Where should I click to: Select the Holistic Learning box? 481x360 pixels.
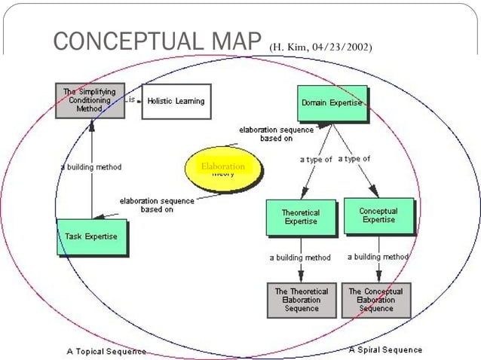[x=175, y=101]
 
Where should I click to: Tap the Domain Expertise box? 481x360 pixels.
[x=331, y=102]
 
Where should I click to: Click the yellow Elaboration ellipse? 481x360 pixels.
[x=223, y=168]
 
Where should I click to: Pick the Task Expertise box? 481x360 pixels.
[x=91, y=236]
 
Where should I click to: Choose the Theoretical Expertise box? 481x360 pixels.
[x=300, y=217]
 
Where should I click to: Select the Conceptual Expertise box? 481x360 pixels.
[x=378, y=215]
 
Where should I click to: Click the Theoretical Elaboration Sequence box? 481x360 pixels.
[x=301, y=299]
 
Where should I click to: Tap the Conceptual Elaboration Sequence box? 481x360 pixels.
[x=376, y=299]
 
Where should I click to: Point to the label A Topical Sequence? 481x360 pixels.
[x=106, y=351]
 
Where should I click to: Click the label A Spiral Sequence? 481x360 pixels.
[x=385, y=349]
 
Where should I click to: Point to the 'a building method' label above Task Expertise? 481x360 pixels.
[x=90, y=166]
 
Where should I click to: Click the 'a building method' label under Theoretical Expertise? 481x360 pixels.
[x=300, y=258]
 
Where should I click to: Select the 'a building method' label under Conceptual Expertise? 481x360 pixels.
[x=378, y=257]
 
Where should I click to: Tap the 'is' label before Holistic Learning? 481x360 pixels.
[x=130, y=99]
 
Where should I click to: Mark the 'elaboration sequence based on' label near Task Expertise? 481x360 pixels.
[x=157, y=205]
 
